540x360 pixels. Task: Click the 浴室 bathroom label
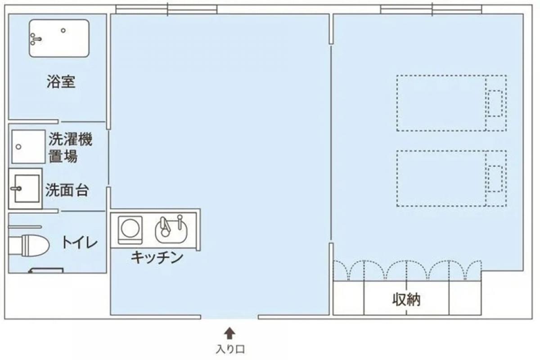tap(61, 82)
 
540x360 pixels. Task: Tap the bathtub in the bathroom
tap(59, 38)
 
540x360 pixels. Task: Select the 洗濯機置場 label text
tap(70, 148)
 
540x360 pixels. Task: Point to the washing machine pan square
tap(28, 146)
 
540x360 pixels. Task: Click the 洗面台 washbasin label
tap(67, 190)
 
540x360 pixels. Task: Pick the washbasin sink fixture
tap(25, 189)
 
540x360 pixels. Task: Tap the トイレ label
tap(79, 243)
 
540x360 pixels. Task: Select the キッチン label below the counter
tap(157, 257)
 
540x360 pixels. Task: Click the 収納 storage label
tap(406, 300)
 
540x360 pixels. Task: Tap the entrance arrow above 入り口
tap(229, 333)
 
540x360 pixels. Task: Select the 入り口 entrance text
tap(229, 349)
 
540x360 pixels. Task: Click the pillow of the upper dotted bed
tap(495, 103)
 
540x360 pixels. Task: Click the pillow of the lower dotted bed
tap(495, 179)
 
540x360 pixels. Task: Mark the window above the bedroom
tap(431, 9)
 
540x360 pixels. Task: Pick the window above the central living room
tap(166, 9)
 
